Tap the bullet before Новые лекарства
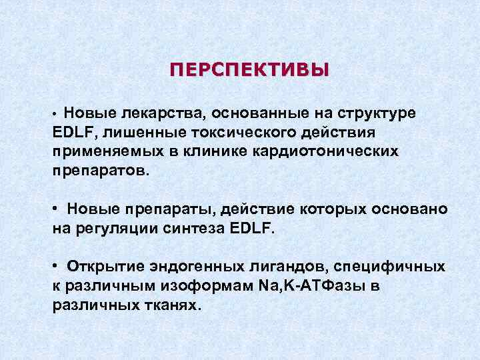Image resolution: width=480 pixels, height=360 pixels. click(x=57, y=115)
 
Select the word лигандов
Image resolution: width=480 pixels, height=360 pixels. click(x=291, y=266)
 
